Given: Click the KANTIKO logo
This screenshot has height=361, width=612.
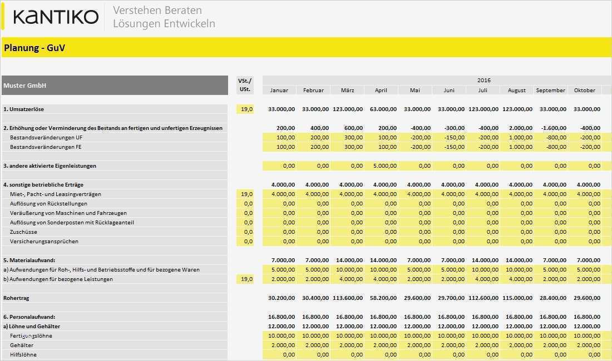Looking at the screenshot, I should [56, 17].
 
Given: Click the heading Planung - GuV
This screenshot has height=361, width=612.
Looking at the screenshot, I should [34, 48].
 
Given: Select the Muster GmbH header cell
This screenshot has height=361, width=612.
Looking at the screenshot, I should [25, 86].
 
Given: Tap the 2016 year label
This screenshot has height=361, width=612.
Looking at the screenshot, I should [484, 80].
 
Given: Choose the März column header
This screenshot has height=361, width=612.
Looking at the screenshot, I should [348, 90].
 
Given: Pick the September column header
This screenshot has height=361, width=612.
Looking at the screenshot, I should [550, 90].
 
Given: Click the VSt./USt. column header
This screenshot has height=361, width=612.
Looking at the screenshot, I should [245, 85].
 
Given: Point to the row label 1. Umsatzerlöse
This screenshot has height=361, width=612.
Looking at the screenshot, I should [23, 109].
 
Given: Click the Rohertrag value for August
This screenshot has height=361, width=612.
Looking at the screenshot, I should [517, 298].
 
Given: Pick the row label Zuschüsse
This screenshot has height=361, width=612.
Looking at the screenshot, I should [23, 232].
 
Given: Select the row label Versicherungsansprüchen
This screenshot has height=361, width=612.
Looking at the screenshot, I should [44, 241].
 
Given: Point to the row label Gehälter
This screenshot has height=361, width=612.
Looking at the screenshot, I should [22, 345].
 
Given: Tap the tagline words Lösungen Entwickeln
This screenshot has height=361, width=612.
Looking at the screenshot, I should [164, 23].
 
